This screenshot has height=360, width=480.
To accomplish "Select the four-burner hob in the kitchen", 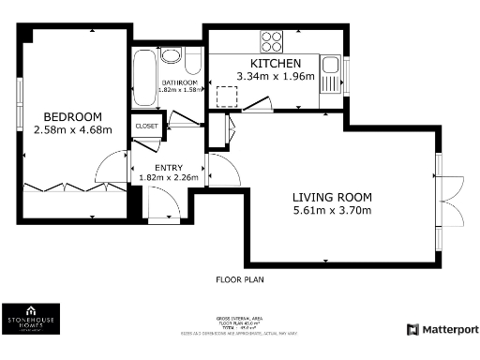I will point(272,41).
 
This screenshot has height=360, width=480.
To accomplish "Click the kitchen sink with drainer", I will point(330,74).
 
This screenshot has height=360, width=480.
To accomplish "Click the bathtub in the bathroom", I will point(144,80).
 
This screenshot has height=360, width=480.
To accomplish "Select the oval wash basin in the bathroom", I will point(171,55).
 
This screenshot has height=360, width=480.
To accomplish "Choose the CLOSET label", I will point(147,125).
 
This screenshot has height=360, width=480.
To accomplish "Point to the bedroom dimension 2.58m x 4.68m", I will point(72,129).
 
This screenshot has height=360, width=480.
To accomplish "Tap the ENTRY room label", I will point(168,167).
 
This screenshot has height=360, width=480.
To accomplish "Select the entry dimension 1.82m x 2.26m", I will point(168,177).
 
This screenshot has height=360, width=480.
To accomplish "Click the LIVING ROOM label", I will point(332,197).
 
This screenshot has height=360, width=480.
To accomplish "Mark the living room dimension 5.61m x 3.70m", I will point(332,210).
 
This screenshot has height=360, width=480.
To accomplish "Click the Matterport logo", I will point(442,329).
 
